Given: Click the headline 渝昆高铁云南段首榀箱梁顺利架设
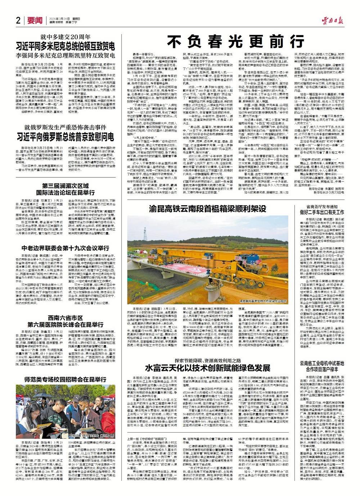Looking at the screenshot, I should tap(208, 209).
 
